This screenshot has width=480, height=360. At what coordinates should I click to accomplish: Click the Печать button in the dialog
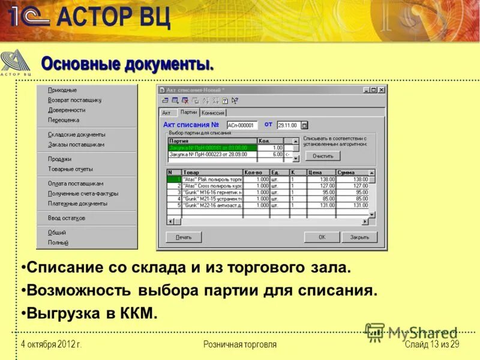[184, 237]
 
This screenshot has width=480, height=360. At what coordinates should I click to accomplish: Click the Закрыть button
[359, 237]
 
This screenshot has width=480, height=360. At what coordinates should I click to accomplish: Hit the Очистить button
[322, 156]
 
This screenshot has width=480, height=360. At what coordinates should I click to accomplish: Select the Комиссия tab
[213, 113]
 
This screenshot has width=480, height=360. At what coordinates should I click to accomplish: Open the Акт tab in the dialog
[167, 113]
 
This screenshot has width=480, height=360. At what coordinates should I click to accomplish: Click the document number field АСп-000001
[242, 125]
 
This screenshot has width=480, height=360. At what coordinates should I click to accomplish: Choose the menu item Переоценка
[64, 120]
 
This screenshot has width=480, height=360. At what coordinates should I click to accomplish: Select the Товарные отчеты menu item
[70, 169]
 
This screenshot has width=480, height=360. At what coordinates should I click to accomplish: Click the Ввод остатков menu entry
[67, 218]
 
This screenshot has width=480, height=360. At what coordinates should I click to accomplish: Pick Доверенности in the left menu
[67, 110]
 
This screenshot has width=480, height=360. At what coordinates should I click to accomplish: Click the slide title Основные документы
[127, 63]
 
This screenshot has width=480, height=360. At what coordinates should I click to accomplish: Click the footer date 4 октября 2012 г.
[51, 344]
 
